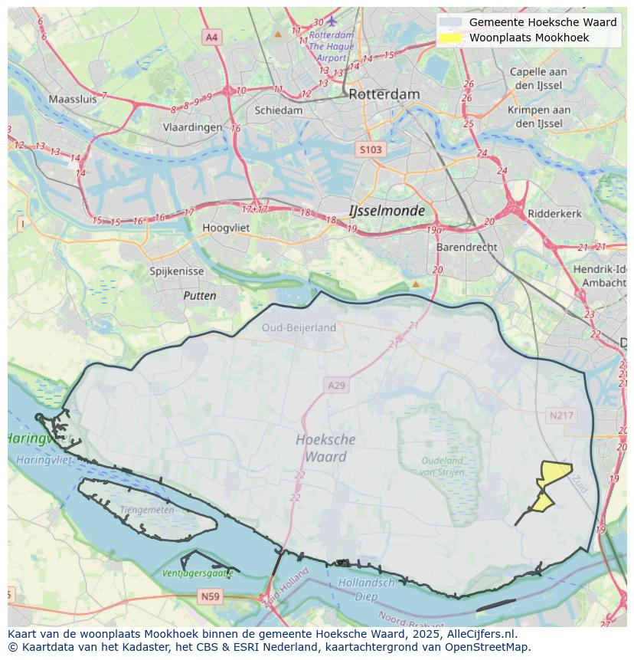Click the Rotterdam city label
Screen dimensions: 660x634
pos(384,94)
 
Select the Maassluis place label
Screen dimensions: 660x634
pos(73,99)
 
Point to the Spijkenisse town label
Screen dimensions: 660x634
pos(177,271)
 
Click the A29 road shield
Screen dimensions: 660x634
pos(336,386)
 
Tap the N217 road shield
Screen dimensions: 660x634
pos(562,415)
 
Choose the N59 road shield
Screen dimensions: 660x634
pos(210,596)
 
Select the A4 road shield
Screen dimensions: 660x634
pos(212,37)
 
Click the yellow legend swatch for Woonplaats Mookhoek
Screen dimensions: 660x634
pos(451,38)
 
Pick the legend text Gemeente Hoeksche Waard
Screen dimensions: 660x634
pos(542,22)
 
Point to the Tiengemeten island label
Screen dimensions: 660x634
pos(147,510)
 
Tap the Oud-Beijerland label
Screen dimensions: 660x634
pos(299,327)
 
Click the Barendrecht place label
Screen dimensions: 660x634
pos(466,248)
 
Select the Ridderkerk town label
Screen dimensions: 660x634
pos(555,214)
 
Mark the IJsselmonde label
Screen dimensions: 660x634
pos(386,210)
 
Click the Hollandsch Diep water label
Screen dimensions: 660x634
pos(366,589)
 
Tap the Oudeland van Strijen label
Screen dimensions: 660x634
pos(442,465)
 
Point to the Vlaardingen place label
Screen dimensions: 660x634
pos(191,128)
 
